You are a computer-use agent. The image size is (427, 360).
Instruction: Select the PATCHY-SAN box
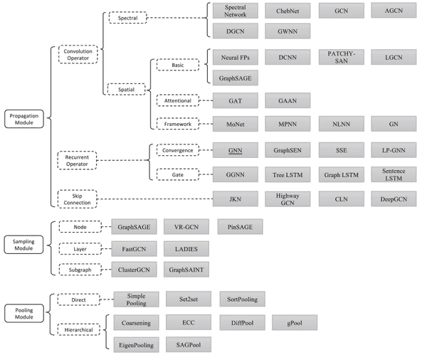[336, 55]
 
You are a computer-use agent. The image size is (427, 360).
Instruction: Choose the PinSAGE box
[236, 226]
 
